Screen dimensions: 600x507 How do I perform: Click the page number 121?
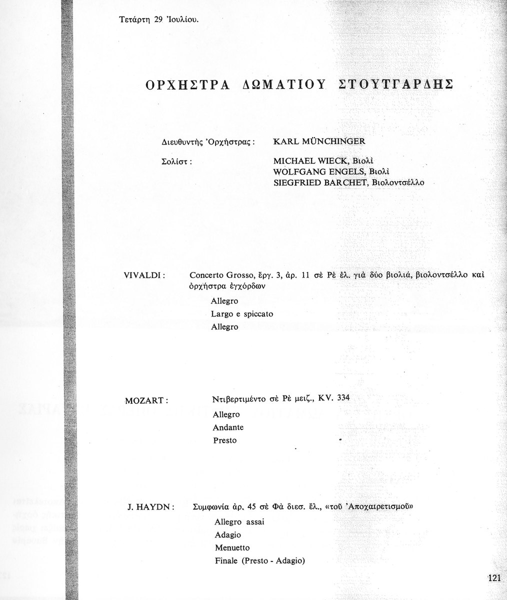point(493,578)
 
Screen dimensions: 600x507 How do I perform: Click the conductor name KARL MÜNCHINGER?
point(319,141)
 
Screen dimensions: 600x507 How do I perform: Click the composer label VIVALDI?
point(145,275)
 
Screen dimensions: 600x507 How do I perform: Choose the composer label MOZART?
point(145,400)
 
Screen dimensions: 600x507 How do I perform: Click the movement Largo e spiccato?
point(242,314)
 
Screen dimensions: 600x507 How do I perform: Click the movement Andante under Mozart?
point(228,427)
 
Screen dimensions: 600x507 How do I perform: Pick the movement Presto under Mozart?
point(224,440)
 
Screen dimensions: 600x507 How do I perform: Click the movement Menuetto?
point(232,548)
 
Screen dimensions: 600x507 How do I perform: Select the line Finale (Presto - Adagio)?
point(259,561)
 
